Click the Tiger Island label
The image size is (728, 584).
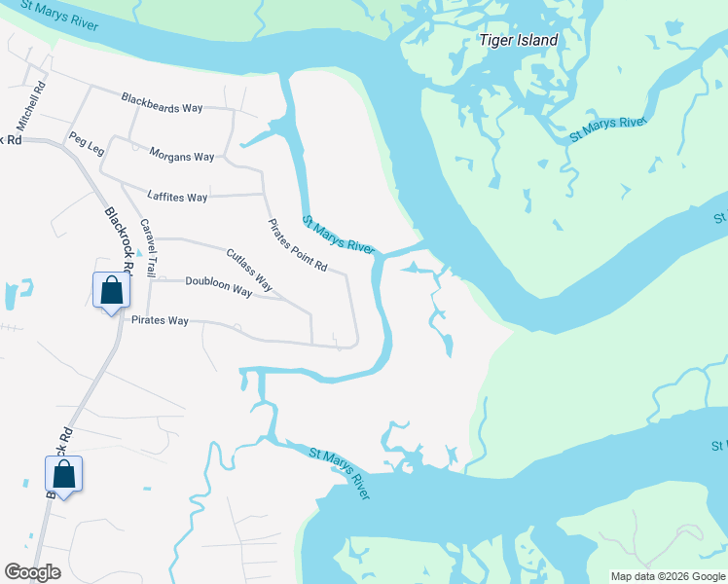519,41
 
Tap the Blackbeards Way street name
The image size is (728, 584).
163,102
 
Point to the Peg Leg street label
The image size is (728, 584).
86,144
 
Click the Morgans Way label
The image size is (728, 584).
181,156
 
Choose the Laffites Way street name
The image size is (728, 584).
177,197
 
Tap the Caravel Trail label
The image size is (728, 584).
148,246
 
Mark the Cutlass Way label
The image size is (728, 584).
248,272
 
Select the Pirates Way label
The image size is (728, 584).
160,320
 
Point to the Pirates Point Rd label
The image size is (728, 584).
299,245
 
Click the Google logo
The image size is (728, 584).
32,572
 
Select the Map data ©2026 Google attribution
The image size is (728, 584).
667,576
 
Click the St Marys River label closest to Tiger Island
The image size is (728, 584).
608,128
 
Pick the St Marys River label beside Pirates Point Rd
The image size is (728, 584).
338,236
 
